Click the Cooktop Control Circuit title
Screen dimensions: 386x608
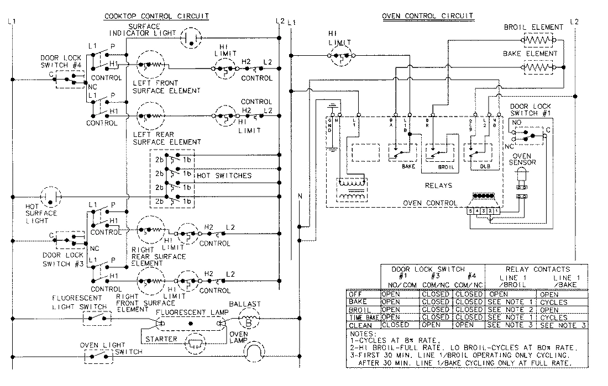156,17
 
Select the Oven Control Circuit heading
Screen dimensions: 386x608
428,17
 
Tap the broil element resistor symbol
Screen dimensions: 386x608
538,41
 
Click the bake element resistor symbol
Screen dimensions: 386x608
538,67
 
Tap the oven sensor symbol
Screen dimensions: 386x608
521,179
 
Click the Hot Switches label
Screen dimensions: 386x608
224,175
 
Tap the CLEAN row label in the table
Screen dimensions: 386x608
357,325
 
